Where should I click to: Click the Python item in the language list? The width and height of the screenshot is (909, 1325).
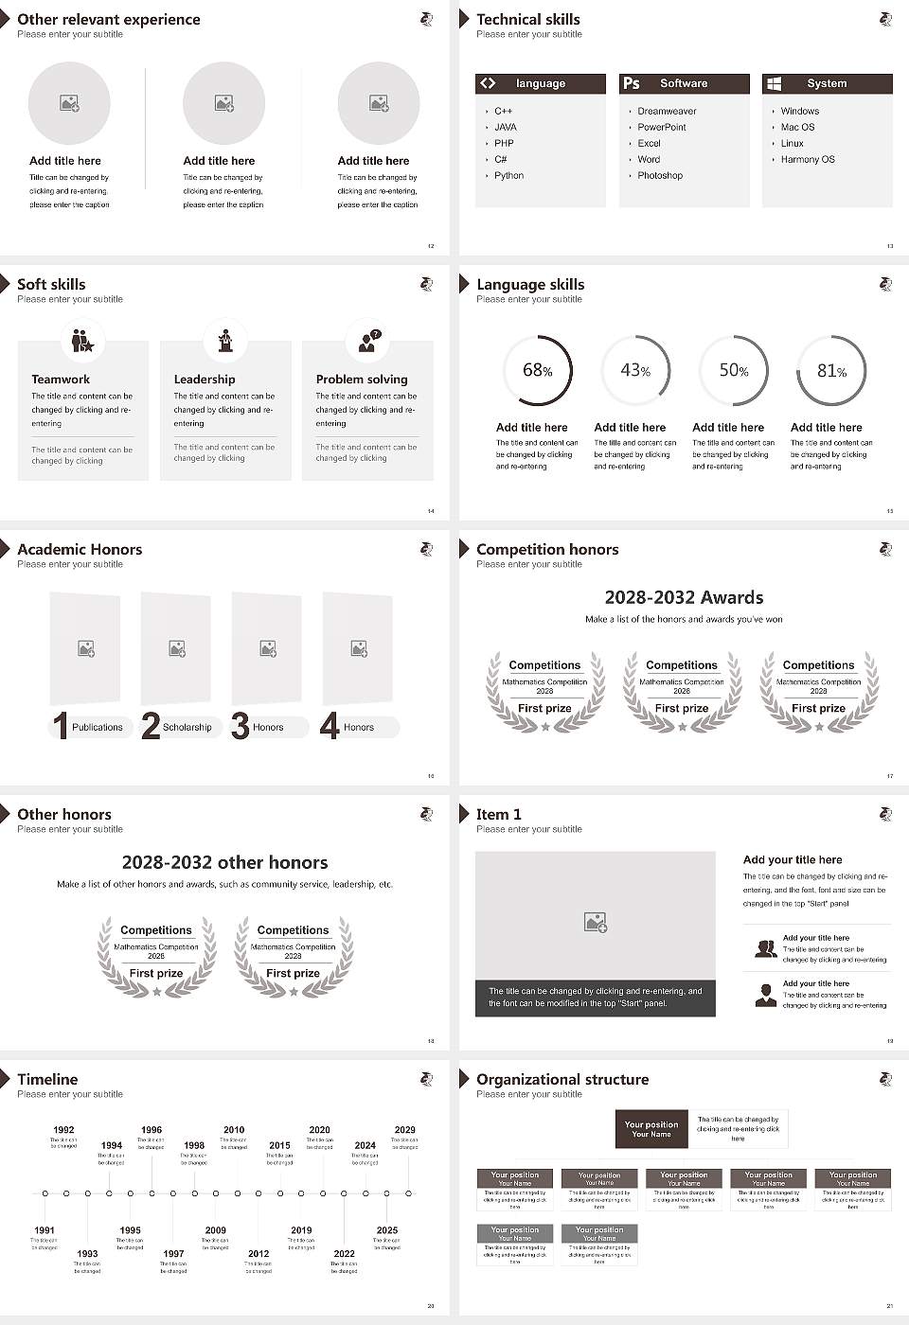point(508,176)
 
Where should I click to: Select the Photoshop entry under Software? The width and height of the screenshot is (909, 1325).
point(660,176)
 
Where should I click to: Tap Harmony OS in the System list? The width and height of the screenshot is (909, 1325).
point(808,160)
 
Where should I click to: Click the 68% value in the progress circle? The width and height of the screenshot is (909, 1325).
point(537,371)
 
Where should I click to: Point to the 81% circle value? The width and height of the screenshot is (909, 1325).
point(831,371)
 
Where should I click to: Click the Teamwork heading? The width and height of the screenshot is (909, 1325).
point(61,380)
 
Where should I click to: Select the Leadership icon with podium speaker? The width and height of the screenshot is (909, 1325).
point(225,341)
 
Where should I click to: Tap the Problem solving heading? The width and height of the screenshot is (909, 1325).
point(362,380)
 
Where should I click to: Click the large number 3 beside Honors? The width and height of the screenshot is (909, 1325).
point(241,726)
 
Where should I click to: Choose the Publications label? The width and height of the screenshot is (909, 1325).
point(98,728)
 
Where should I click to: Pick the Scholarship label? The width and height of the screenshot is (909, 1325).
point(187,728)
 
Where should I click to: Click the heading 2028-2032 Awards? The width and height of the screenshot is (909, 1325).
point(684,597)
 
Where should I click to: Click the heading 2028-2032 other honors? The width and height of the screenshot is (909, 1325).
point(224,862)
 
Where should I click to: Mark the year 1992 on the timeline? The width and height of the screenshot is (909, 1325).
point(63,1130)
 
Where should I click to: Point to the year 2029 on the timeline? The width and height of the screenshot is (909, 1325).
point(404,1130)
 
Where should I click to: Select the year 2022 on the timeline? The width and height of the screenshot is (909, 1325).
point(344,1254)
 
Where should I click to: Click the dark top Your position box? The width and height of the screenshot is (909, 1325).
point(651,1129)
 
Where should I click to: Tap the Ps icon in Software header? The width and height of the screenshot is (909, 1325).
point(632,83)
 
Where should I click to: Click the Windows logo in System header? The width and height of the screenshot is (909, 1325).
point(774,83)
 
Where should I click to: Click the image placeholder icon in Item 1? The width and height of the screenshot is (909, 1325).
point(596,922)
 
